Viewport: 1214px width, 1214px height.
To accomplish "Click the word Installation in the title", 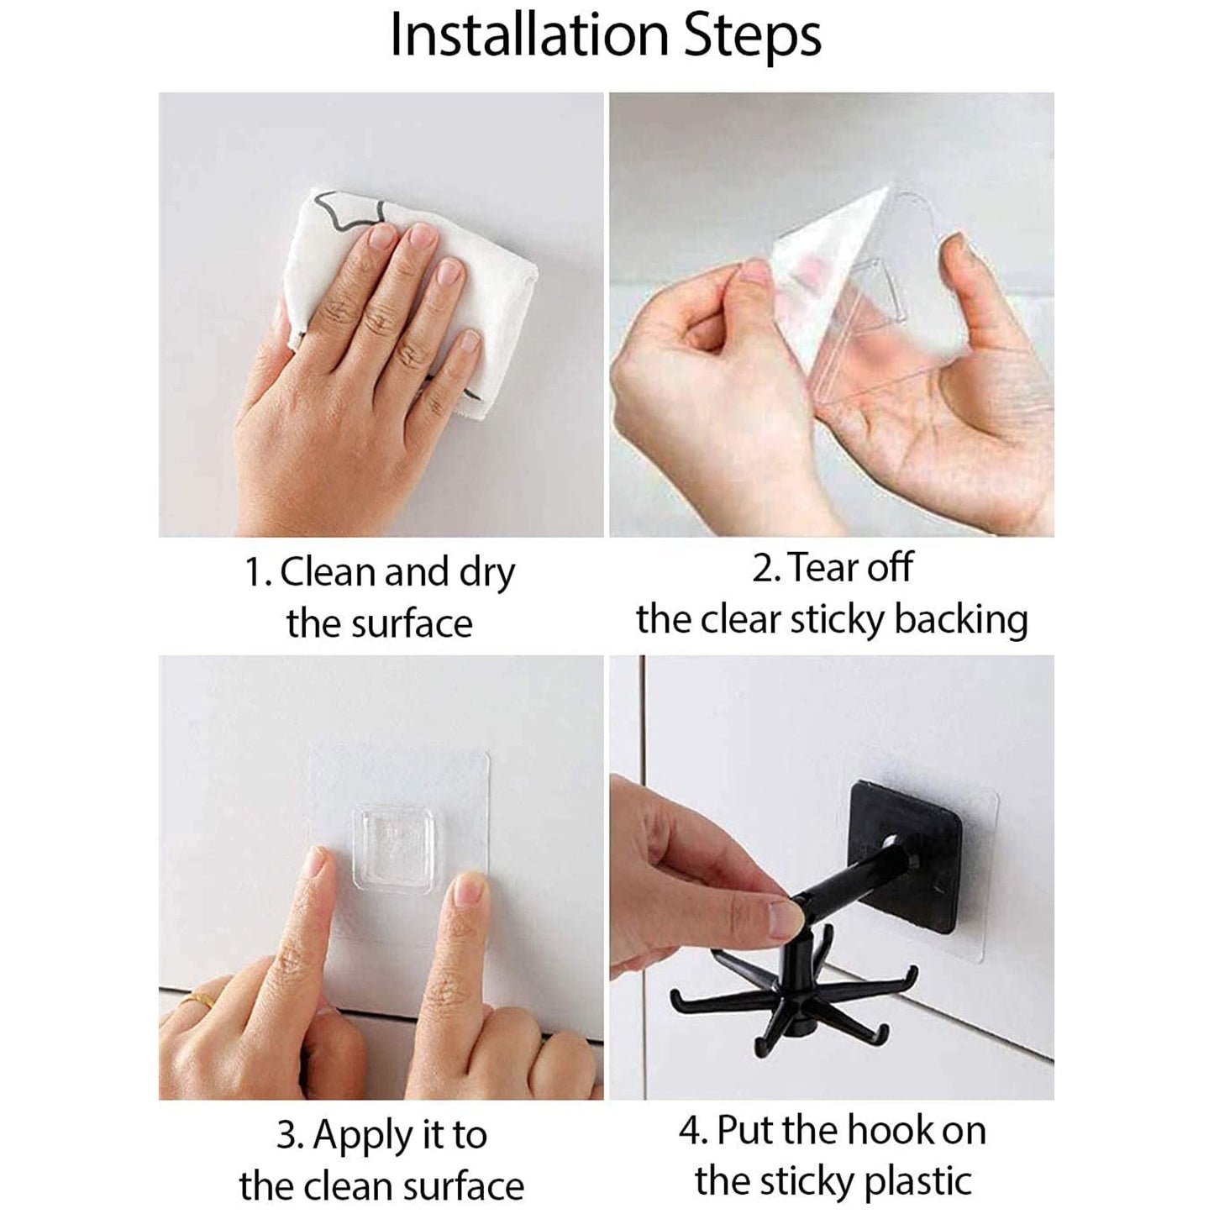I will [530, 35].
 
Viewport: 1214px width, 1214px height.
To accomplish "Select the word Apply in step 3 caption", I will [364, 1135].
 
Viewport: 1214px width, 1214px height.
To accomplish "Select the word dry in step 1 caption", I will [486, 574].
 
